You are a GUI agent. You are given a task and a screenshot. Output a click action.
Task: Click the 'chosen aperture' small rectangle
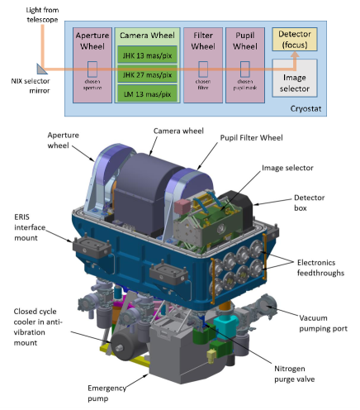pyautogui.click(x=92, y=68)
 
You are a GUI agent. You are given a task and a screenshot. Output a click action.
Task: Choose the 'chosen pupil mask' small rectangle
pyautogui.click(x=246, y=68)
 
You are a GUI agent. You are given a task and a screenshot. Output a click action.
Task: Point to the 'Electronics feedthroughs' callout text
pyautogui.click(x=319, y=265)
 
